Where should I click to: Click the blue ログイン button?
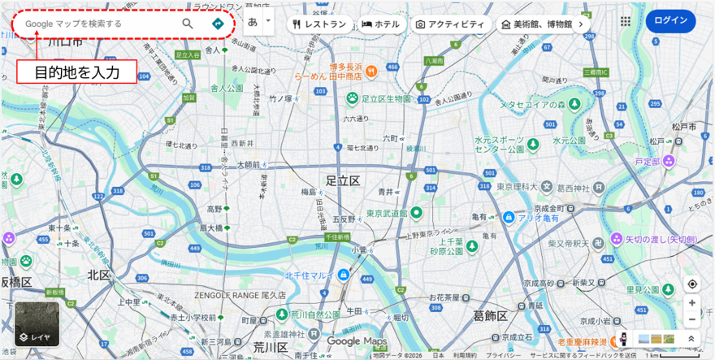tap(670, 21)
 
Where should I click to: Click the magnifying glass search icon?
tap(188, 24)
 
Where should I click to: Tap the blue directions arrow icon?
tap(218, 24)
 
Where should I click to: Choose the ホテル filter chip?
tap(380, 24)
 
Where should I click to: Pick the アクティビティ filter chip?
tap(452, 24)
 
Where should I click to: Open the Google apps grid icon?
tap(626, 22)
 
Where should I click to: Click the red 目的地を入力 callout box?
tap(76, 72)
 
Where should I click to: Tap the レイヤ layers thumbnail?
tap(36, 323)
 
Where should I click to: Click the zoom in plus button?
tap(691, 302)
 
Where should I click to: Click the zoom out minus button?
tap(691, 319)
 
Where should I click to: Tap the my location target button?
tap(691, 284)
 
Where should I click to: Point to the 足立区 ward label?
tap(342, 180)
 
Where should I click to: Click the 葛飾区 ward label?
tap(490, 315)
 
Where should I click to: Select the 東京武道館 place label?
tap(385, 213)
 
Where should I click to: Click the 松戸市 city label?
tap(683, 128)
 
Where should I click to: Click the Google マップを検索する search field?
tap(97, 24)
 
